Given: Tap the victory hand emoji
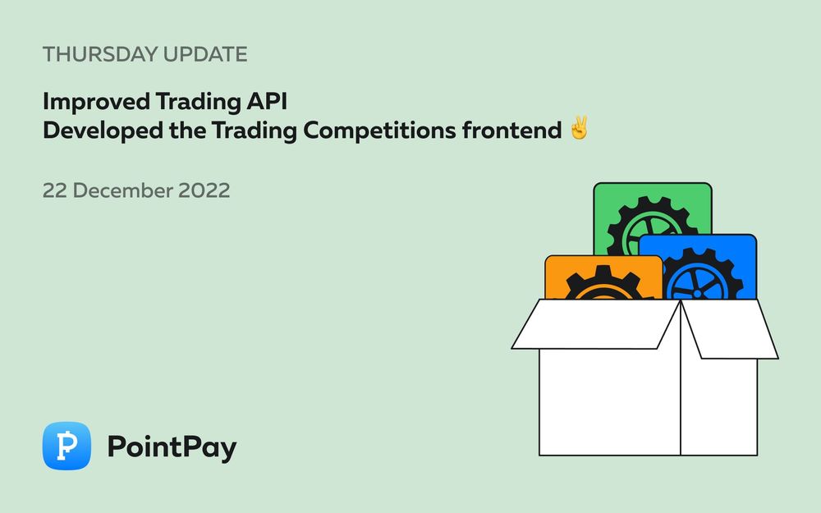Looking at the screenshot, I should [579, 130].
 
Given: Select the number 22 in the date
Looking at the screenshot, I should [55, 190].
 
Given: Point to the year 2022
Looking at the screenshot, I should [204, 190].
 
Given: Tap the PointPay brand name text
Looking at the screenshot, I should [172, 447].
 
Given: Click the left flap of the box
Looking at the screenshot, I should [595, 323].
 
